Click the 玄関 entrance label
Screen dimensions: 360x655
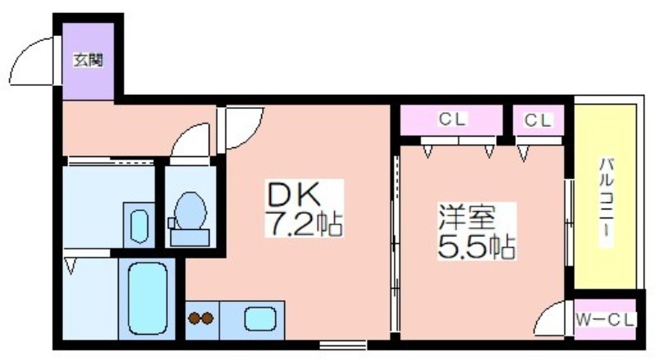tap(88, 60)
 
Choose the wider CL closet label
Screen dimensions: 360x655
tap(451, 119)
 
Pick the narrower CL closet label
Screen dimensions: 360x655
tap(538, 119)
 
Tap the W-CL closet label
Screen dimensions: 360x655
tap(605, 319)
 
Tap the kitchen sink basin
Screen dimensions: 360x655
tap(260, 317)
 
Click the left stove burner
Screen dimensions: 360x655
tap(195, 317)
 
